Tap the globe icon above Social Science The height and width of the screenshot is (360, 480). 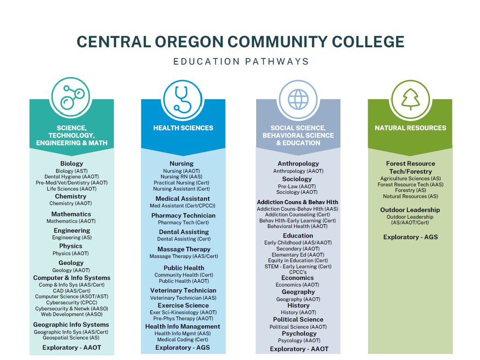[x=298, y=100]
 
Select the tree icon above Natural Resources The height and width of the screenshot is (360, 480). [x=411, y=99]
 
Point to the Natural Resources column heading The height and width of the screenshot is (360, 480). [x=411, y=128]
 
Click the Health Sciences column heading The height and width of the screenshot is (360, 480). [x=183, y=128]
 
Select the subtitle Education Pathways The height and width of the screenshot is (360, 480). [x=241, y=61]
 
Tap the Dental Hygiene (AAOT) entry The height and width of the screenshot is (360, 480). [x=72, y=176]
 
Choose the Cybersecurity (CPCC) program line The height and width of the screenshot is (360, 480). [x=72, y=302]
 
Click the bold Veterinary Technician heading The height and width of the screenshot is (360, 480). [x=183, y=291]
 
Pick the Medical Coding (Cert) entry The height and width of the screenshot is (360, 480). [x=183, y=339]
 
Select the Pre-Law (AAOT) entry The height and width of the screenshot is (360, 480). [x=296, y=186]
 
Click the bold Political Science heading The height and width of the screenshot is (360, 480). [x=298, y=320]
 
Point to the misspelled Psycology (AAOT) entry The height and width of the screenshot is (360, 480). [x=299, y=340]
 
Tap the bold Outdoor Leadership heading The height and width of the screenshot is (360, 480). [x=410, y=210]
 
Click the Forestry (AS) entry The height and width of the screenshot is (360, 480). [x=411, y=190]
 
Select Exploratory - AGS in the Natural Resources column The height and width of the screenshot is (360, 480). [x=411, y=237]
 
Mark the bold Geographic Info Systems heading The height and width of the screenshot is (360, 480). [x=71, y=325]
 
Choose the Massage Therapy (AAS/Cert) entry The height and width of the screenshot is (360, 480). [x=184, y=256]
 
